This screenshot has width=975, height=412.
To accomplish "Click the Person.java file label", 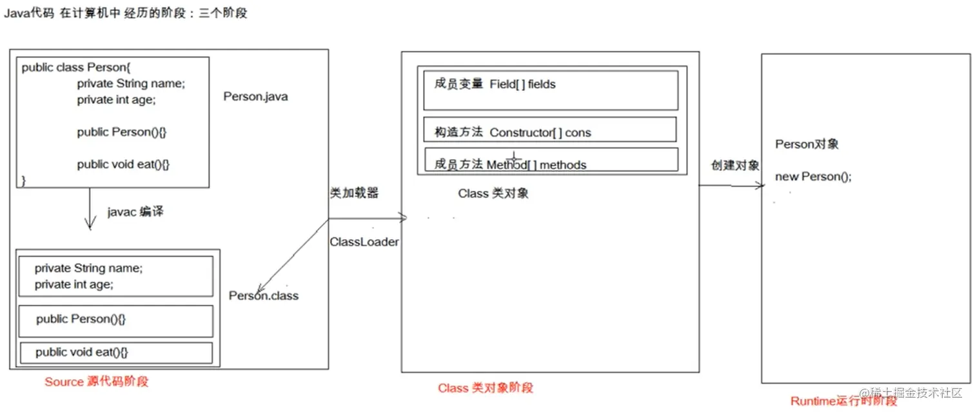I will tap(255, 97).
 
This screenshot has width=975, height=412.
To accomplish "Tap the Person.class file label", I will tap(264, 296).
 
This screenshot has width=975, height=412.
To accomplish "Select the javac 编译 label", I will tap(135, 211).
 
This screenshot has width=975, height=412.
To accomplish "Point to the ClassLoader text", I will tap(364, 242).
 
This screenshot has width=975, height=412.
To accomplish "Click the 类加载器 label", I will tap(354, 193).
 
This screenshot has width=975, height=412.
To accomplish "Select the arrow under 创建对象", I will tap(731, 186).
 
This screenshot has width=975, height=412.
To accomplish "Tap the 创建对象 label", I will tap(735, 165).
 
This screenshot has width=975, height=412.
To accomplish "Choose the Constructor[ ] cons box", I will tap(549, 130).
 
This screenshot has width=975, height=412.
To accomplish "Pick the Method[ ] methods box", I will tap(551, 160).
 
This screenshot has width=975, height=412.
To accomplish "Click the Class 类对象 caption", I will tap(493, 193).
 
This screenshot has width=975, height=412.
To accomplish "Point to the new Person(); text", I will tap(812, 177).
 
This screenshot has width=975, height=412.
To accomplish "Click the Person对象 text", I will tap(807, 144).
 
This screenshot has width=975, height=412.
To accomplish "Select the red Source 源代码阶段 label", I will tap(96, 382).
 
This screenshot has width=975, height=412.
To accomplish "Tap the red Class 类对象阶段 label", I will tap(486, 388).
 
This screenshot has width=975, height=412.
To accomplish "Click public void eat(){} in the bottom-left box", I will tap(82, 352).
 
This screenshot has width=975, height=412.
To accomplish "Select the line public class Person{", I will tap(77, 68).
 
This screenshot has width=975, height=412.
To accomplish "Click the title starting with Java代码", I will tap(126, 14).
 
